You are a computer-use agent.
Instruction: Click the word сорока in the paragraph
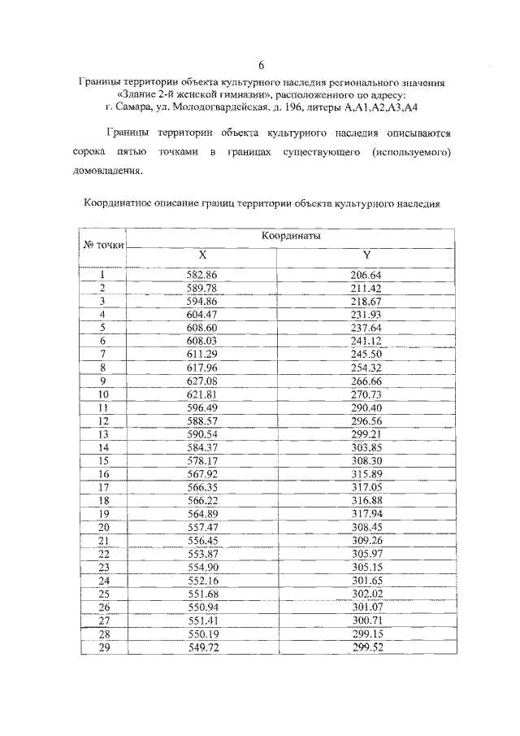(100, 152)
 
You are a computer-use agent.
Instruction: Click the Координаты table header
(291, 235)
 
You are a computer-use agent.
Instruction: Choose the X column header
(202, 254)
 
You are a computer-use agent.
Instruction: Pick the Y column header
(366, 254)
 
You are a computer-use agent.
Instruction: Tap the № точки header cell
(103, 245)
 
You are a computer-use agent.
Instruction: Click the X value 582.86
(202, 275)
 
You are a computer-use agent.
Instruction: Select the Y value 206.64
(366, 275)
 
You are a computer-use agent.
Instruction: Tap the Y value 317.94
(366, 513)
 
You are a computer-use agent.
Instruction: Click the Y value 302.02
(366, 593)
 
